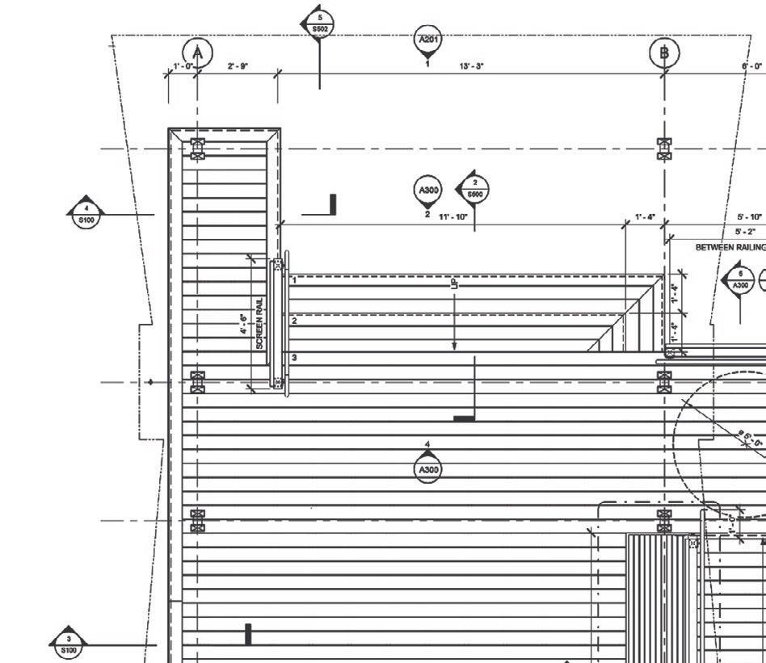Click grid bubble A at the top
coord(197,53)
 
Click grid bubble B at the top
coord(664,53)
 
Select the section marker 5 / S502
coord(320,23)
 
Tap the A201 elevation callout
coord(427,40)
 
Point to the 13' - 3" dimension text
coord(471,66)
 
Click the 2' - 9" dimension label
coord(238,66)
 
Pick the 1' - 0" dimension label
coord(183,66)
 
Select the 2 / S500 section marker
coord(474,190)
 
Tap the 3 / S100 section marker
coord(69,644)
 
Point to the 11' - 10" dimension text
coord(453,217)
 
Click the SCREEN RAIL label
coord(259,323)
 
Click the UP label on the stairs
coord(454,283)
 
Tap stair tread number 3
coord(294,357)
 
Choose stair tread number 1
coord(294,280)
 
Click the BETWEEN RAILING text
coord(730,248)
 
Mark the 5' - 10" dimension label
coord(749,217)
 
